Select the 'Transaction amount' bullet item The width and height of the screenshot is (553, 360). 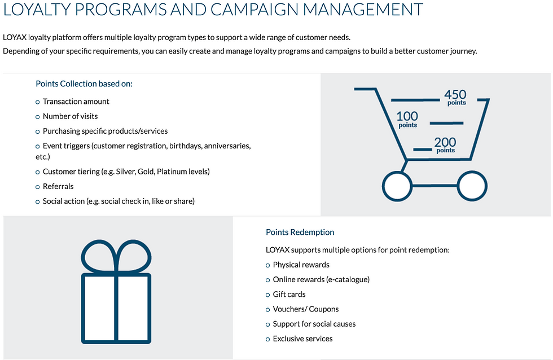click(76, 102)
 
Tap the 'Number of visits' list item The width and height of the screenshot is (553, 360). click(70, 116)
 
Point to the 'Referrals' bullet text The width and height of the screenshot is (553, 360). click(58, 186)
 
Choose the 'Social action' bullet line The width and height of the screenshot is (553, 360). click(118, 201)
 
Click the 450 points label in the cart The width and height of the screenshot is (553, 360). click(455, 97)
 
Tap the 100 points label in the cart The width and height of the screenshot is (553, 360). click(407, 119)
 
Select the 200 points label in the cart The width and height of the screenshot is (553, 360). click(445, 145)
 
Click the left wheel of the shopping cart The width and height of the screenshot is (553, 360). click(398, 185)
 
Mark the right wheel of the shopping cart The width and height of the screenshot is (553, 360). click(471, 185)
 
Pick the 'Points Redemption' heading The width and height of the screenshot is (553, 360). click(300, 232)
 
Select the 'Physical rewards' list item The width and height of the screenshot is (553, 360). click(301, 265)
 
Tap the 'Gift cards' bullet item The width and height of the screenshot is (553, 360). click(289, 295)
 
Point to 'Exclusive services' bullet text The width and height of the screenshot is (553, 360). click(302, 339)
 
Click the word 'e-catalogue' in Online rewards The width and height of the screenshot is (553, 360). click(348, 279)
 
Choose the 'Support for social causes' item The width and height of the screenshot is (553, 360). click(314, 324)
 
